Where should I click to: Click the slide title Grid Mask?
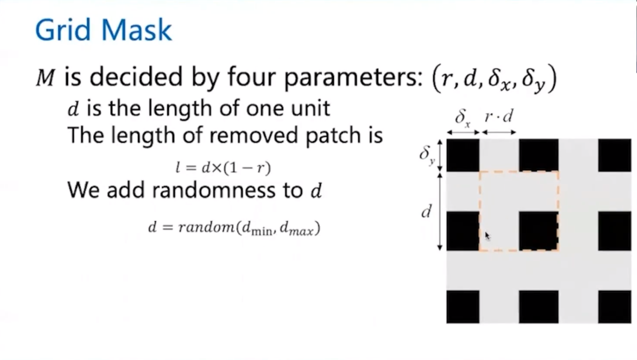(103, 30)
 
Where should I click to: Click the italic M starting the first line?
(45, 77)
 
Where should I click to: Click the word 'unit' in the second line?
(312, 109)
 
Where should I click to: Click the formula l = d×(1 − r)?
(223, 167)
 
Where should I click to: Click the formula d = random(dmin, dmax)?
(234, 228)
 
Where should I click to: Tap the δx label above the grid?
(462, 118)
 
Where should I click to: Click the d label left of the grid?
(426, 213)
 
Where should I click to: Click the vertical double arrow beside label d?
(440, 211)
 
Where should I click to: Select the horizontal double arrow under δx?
(463, 133)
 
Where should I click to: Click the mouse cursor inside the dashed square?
(487, 236)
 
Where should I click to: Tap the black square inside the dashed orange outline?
(538, 230)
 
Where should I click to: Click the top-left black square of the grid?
(462, 155)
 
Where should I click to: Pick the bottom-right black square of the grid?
(614, 306)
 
